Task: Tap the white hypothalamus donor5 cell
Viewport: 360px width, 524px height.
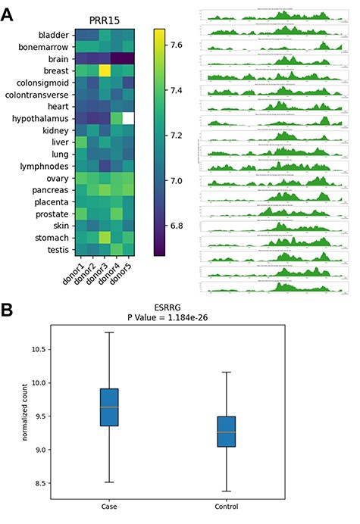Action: pos(129,118)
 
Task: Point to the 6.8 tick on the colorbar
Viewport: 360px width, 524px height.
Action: pos(178,226)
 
